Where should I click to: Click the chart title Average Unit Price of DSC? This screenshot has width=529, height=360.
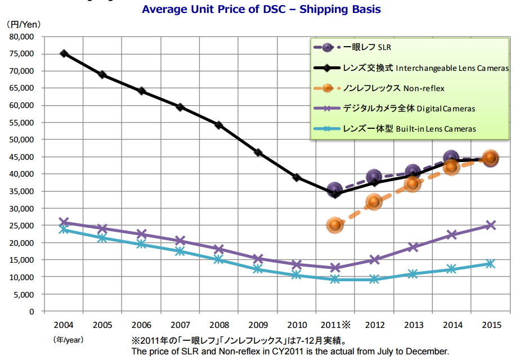pyautogui.click(x=261, y=9)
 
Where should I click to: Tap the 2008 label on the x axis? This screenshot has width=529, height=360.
pyautogui.click(x=219, y=325)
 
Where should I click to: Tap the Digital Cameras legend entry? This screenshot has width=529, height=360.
pyautogui.click(x=409, y=108)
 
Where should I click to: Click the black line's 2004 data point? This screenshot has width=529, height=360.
pyautogui.click(x=64, y=53)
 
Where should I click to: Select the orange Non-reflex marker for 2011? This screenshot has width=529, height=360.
pyautogui.click(x=335, y=226)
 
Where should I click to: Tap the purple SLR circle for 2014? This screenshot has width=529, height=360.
pyautogui.click(x=451, y=159)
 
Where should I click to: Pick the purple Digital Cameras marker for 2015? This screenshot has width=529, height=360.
pyautogui.click(x=490, y=225)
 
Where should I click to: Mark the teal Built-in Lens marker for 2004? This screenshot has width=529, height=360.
pyautogui.click(x=64, y=229)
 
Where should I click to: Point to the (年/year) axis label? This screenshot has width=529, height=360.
pyautogui.click(x=68, y=340)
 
